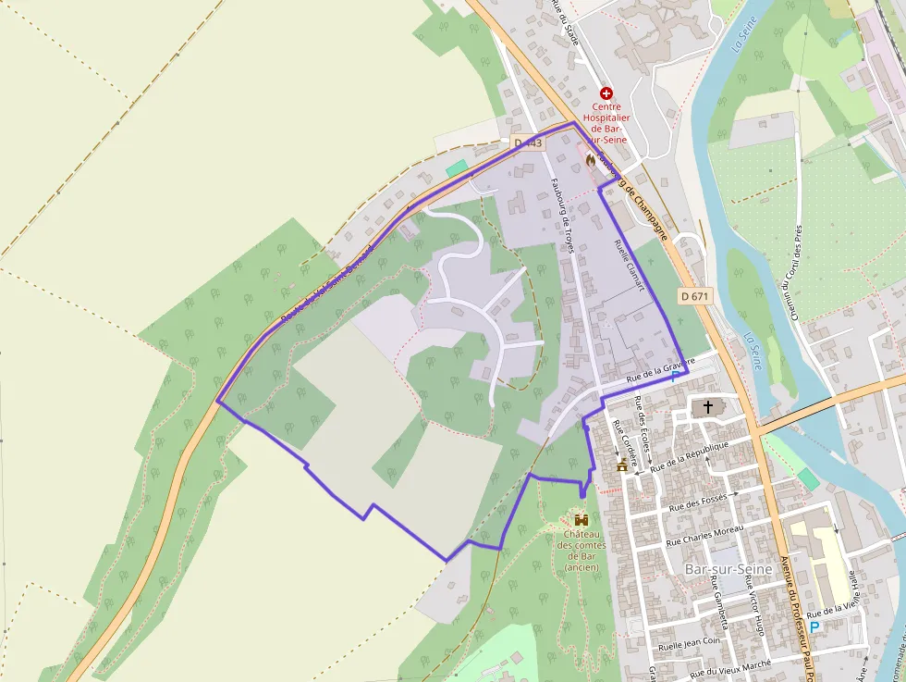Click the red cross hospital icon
(x=606, y=93)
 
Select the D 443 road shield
(x=528, y=143)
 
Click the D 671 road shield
(x=695, y=296)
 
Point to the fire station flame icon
(x=590, y=160)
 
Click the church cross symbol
(x=709, y=406)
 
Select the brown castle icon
(x=581, y=521)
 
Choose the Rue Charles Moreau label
(x=704, y=534)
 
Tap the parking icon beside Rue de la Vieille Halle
(x=814, y=627)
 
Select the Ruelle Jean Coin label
(x=688, y=641)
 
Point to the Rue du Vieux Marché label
(x=730, y=669)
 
